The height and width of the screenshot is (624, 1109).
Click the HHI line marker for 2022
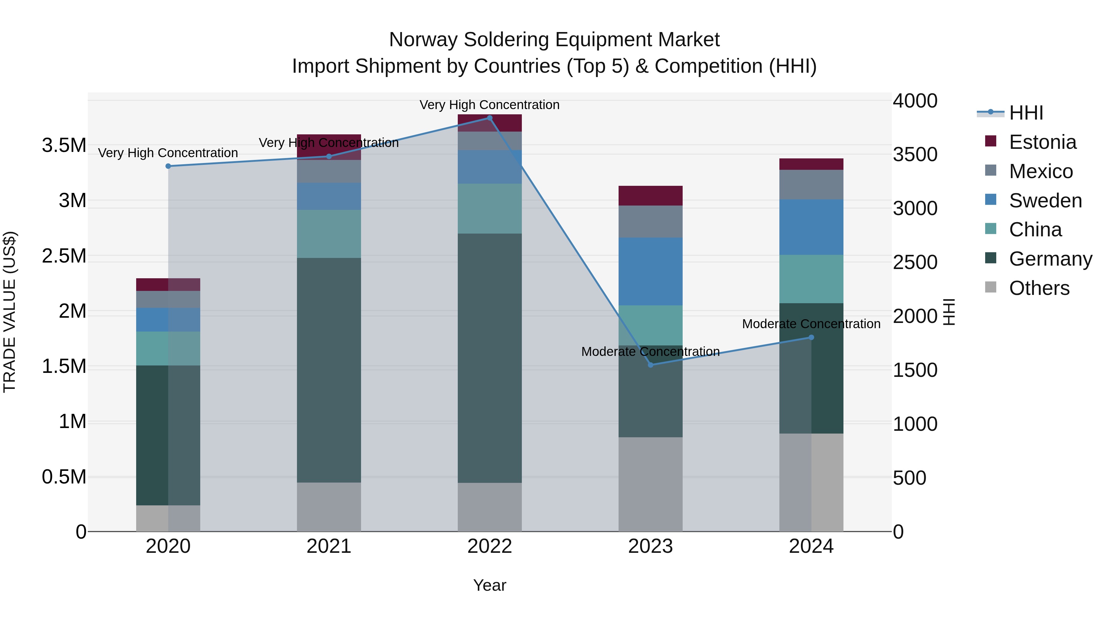tap(490, 118)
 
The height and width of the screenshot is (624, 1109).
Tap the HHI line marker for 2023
tap(651, 365)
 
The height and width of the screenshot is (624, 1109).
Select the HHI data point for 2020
tap(168, 166)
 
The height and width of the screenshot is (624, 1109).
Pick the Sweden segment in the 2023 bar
tap(651, 271)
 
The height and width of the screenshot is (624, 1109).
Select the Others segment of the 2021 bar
tap(329, 507)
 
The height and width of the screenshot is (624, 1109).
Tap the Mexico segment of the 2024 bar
tap(811, 185)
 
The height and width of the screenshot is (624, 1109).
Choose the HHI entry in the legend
tap(1026, 113)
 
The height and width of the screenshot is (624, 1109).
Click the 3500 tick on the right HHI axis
tap(915, 155)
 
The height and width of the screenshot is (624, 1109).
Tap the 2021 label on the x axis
tap(329, 546)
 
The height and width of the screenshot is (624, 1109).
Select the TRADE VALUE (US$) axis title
tap(10, 312)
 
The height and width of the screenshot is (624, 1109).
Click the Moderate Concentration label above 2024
tap(811, 324)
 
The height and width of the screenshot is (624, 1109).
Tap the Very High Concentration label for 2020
tap(168, 153)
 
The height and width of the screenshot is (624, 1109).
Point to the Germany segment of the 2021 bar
tap(329, 370)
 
